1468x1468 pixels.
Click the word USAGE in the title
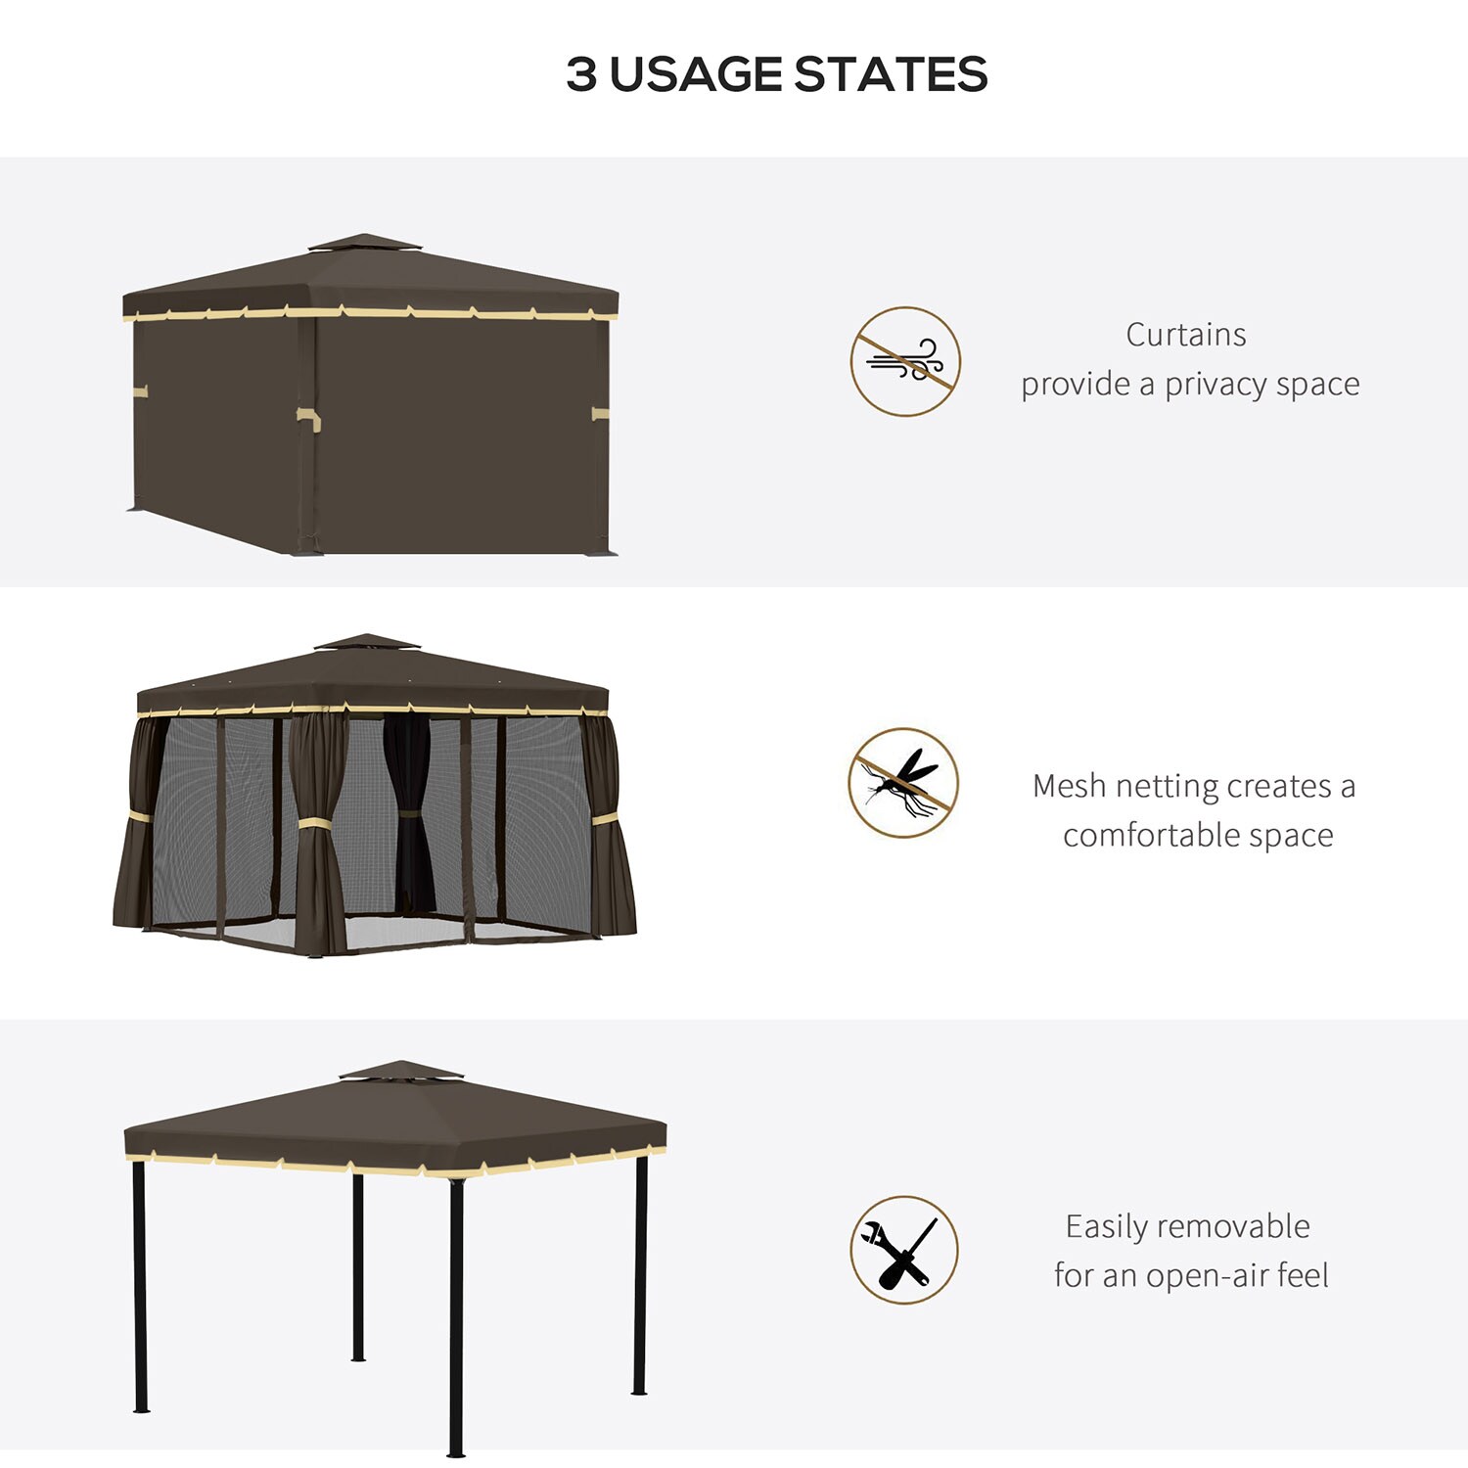(x=695, y=75)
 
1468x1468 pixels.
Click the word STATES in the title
(x=890, y=75)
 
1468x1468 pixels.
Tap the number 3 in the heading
(x=581, y=75)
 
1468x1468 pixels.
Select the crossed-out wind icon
(x=905, y=361)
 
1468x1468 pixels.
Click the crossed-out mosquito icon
(x=903, y=783)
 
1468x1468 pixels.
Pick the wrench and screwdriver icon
(x=903, y=1250)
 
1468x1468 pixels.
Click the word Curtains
(x=1186, y=335)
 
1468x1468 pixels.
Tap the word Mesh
(x=1070, y=786)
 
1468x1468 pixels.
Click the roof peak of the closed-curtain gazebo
(x=364, y=241)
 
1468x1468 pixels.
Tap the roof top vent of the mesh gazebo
(x=366, y=642)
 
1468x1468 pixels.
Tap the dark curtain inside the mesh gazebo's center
(x=409, y=812)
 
